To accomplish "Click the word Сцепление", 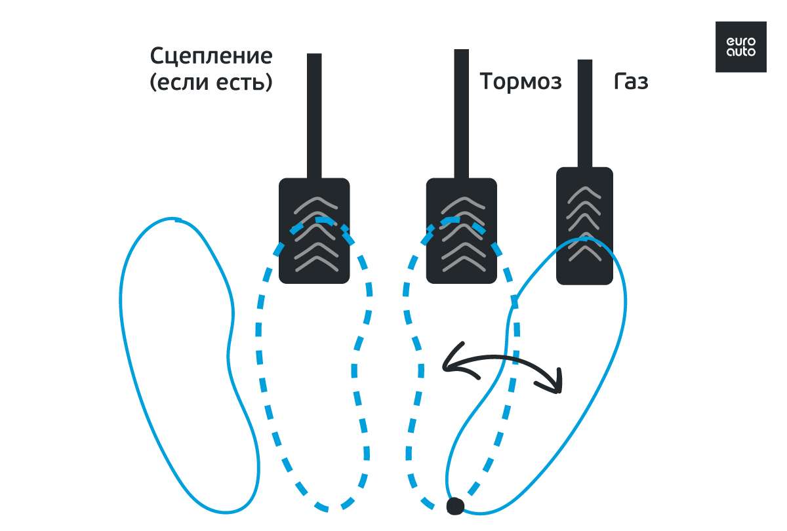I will pos(211,56).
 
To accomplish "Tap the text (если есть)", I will pos(211,83).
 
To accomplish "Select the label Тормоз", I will pos(521,82).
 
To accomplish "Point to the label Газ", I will pos(631,82).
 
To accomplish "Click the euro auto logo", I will pos(740,47).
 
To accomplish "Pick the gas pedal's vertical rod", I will pos(584,111).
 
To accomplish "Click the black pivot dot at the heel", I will pos(454,505).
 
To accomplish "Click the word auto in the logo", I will pos(740,51).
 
